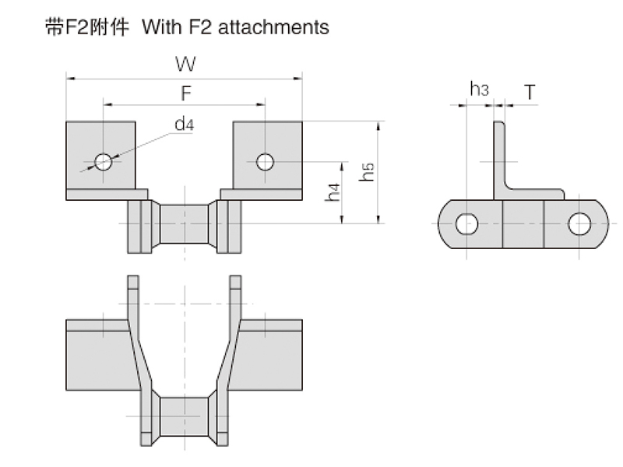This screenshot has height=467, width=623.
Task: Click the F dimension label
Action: click(x=186, y=93)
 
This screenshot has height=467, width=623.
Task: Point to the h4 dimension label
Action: click(x=333, y=194)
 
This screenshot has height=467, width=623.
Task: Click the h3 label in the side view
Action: click(x=479, y=90)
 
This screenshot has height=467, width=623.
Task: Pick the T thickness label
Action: click(x=530, y=92)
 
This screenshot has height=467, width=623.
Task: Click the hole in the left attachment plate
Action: click(x=103, y=161)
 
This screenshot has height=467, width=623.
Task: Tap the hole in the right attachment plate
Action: click(x=265, y=161)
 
